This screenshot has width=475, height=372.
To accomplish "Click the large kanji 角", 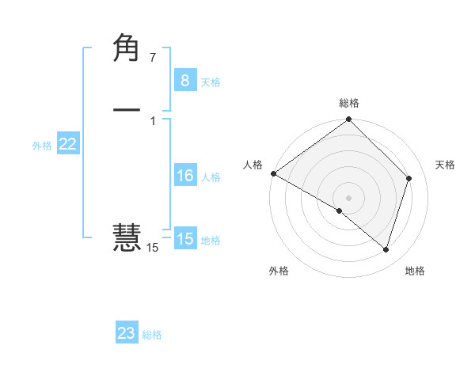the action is [x=127, y=50].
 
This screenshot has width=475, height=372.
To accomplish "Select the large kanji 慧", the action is [x=127, y=237].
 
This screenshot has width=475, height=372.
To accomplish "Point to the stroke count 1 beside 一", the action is [x=152, y=120].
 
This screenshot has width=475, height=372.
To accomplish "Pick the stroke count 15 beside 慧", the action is [x=152, y=248].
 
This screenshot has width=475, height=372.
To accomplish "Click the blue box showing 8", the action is [x=184, y=81].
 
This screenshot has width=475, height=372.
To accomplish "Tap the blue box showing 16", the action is [x=184, y=176].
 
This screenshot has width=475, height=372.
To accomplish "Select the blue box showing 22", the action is [x=67, y=144].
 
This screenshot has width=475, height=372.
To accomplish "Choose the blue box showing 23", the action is [x=127, y=333].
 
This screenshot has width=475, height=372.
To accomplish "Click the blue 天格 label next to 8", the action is [x=211, y=82].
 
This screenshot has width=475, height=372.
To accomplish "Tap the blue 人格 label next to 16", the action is [x=211, y=177].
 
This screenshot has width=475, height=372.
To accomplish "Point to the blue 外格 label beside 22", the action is [x=42, y=146].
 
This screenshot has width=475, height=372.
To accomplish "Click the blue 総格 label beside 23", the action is [x=152, y=335].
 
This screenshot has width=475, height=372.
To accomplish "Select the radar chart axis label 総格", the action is [x=349, y=103].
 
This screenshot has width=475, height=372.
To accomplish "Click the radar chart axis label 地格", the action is [x=415, y=271].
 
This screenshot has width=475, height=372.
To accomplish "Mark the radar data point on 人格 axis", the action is [x=273, y=173].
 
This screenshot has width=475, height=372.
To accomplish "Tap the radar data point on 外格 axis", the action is [x=340, y=211].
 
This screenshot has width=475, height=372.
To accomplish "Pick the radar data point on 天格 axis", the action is [x=409, y=178].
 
